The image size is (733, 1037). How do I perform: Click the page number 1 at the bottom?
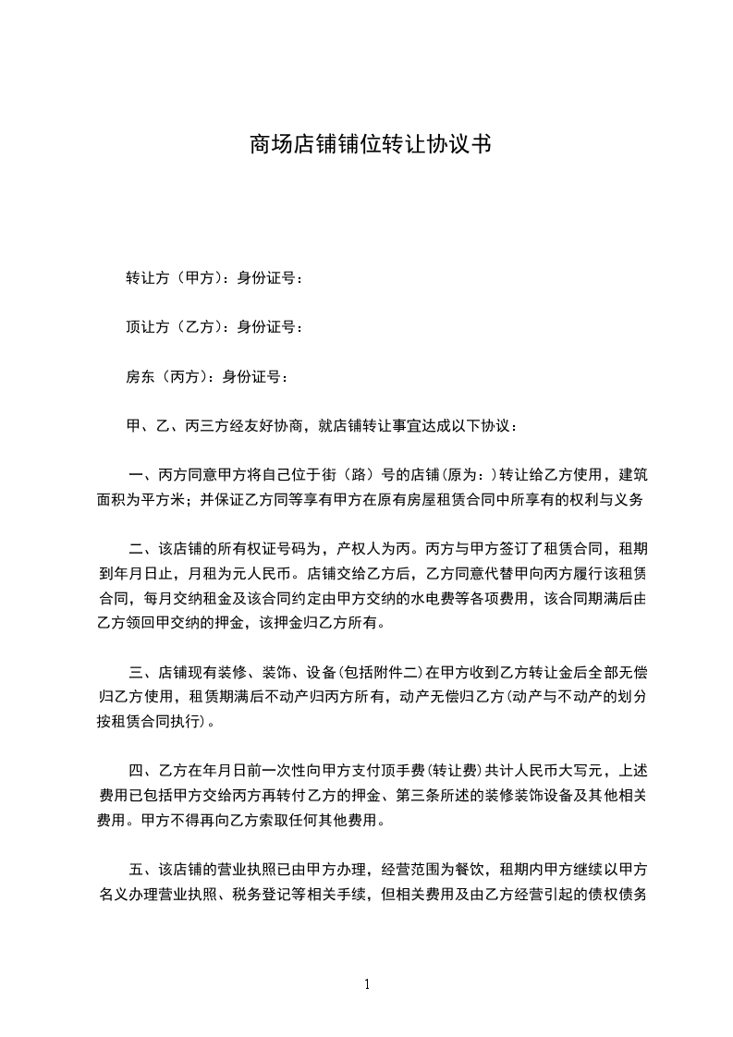pos(367,984)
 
